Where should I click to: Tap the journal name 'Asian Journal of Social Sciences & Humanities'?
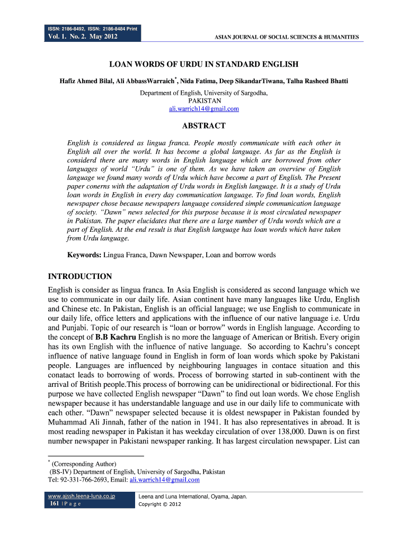pos(286,37)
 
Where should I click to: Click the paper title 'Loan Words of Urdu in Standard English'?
pos(203,65)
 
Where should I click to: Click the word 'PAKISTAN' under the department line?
pos(203,101)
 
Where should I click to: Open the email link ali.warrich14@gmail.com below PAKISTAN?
pos(203,109)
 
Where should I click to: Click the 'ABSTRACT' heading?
pos(203,126)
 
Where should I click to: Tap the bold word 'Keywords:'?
pos(84,255)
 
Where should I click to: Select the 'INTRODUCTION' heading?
pos(79,276)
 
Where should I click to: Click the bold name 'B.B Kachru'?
pos(117,337)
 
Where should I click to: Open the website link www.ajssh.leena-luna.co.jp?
pos(81,496)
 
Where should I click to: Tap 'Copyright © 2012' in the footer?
pos(159,504)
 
